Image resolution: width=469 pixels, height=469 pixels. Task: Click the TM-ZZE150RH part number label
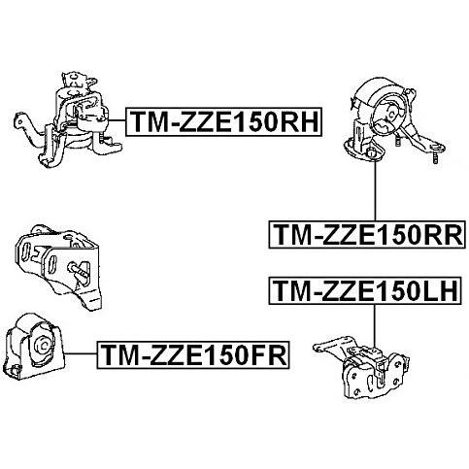pos(223,121)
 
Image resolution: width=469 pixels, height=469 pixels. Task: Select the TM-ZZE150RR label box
pos(367,235)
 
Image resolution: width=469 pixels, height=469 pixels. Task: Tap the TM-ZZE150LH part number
pos(365,290)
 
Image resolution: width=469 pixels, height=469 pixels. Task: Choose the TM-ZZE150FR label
pos(193,355)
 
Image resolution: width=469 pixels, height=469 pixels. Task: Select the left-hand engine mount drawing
pos(361,367)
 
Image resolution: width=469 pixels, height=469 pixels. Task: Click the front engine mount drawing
pos(35,347)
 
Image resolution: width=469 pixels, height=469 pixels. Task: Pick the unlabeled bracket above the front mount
pos(59,266)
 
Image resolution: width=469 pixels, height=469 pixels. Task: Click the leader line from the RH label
pos(117,120)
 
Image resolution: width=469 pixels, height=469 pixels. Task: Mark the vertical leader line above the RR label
pos(375,190)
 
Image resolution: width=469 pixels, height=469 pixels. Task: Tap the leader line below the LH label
pos(374,326)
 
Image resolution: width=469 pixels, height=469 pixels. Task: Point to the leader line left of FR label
pos(82,353)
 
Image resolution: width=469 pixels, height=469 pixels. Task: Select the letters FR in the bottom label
pos(269,355)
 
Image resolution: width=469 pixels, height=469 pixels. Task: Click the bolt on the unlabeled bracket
pos(79,270)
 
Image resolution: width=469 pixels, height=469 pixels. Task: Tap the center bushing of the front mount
pos(43,345)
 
